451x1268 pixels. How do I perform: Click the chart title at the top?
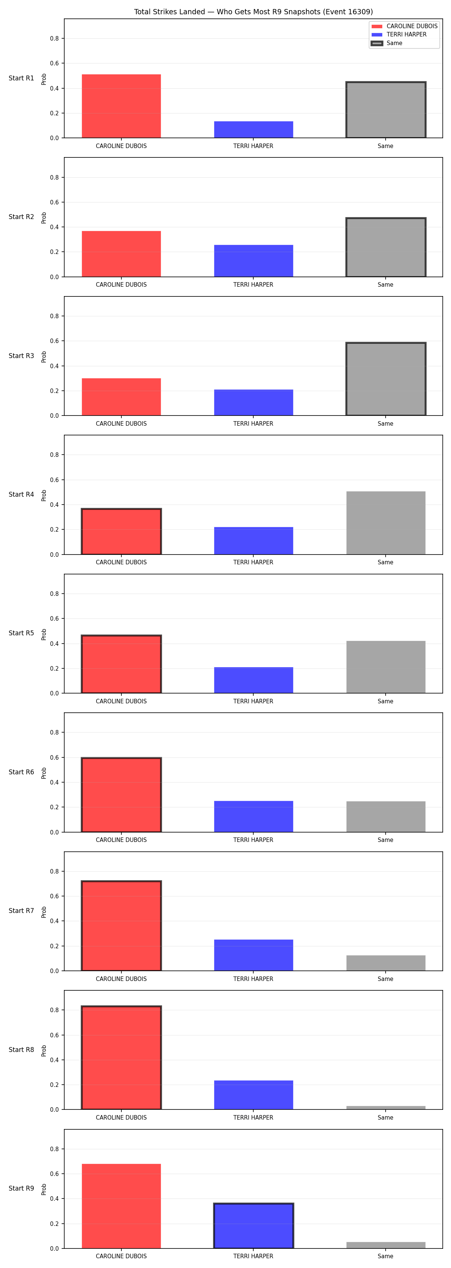pos(253,11)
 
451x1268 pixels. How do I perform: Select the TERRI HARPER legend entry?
pos(399,35)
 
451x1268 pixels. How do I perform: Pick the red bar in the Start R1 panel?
pos(121,106)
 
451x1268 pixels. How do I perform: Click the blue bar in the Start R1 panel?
pos(254,130)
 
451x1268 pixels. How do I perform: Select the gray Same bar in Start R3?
pos(386,379)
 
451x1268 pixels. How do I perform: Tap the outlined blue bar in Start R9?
pos(254,1226)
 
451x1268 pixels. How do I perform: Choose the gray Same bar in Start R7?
pos(386,963)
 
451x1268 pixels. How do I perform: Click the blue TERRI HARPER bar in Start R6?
pos(254,817)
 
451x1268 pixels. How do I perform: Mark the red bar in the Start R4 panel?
pos(121,532)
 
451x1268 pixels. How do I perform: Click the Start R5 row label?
pos(21,633)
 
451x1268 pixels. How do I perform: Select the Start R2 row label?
pos(21,216)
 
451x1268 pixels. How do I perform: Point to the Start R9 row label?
pos(21,1188)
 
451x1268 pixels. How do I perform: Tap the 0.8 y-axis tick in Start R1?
pos(54,38)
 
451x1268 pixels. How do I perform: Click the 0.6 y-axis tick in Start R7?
pos(54,896)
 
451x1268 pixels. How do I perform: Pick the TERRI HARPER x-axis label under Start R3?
pos(253,423)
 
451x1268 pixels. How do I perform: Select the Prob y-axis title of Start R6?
pos(44,773)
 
